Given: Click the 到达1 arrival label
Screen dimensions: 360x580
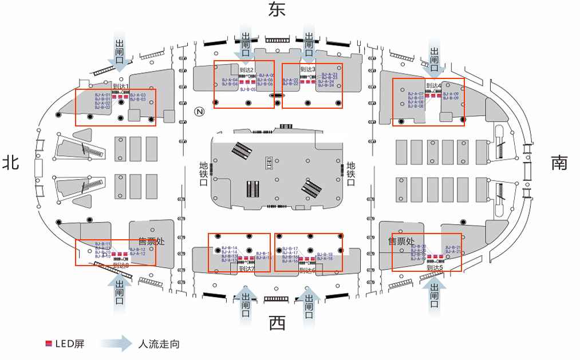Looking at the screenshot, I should click(121, 86).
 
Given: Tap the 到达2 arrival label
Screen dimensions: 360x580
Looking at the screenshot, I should click(247, 70).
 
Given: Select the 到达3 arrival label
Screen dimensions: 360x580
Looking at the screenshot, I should click(309, 69).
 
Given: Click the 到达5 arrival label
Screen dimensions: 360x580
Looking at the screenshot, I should click(435, 267).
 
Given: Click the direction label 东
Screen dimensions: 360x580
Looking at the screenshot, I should click(277, 9).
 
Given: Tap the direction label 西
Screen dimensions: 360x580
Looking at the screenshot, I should click(277, 324).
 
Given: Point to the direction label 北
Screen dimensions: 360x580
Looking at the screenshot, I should click(10, 163).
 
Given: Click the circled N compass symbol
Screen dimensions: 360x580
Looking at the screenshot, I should click(199, 112).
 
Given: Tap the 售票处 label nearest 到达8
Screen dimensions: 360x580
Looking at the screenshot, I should click(151, 242).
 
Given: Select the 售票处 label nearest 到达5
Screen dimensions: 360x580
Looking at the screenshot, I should click(401, 242).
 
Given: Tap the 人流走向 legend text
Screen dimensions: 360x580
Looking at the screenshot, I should click(159, 344).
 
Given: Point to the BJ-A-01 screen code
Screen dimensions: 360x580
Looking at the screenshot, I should click(102, 94).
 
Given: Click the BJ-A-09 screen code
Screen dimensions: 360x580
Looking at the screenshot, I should click(451, 94).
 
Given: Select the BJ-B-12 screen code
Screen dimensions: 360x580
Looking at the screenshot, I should click(137, 250).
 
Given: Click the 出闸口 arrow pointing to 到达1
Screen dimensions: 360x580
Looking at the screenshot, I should click(121, 53).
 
